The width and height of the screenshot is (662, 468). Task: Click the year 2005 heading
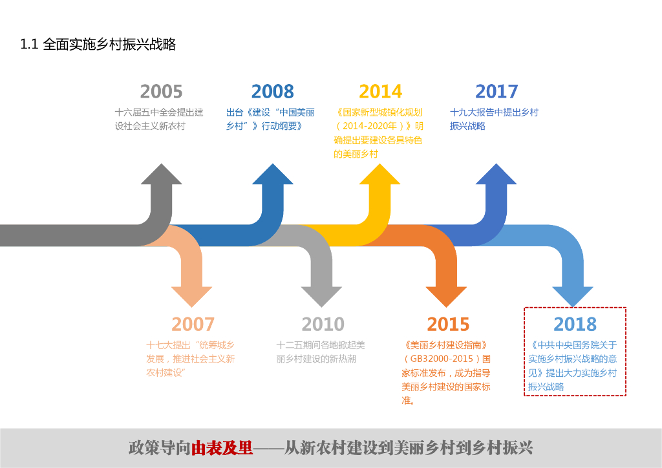161,91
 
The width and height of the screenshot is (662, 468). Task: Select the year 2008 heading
272,91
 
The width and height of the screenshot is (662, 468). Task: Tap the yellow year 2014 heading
380,91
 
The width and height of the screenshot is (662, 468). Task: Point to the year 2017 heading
496,91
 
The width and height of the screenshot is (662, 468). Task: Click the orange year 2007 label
193,324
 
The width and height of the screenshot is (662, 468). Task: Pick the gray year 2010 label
323,324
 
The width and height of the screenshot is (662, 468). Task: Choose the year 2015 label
447,324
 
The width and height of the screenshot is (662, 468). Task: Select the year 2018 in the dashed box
575,324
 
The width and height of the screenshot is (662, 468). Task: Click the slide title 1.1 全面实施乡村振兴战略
98,45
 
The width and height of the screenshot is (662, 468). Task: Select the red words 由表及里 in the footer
222,448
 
